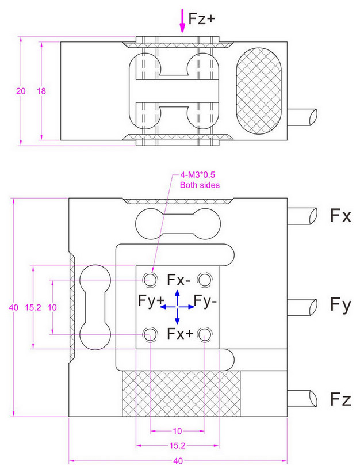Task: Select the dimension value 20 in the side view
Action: click(x=21, y=91)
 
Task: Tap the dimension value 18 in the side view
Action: click(x=41, y=91)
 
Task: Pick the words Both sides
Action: click(x=196, y=185)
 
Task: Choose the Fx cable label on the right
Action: click(x=340, y=216)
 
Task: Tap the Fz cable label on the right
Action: click(x=340, y=398)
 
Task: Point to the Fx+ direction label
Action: click(x=179, y=334)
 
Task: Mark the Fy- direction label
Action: click(x=205, y=300)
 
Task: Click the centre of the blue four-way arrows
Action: click(x=177, y=307)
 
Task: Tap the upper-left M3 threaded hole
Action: click(x=150, y=280)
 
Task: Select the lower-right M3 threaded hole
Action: click(x=205, y=334)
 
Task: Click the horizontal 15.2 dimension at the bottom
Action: click(x=178, y=445)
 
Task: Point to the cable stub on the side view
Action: click(x=303, y=117)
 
